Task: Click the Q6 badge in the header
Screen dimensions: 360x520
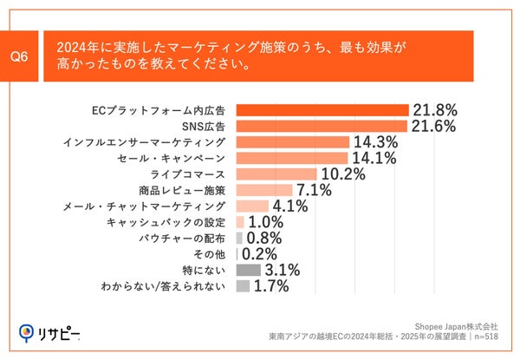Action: (x=19, y=56)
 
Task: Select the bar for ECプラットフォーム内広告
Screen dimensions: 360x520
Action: (x=322, y=110)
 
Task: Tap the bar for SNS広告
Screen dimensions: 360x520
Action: (x=321, y=126)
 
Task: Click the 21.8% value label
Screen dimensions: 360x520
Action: (x=434, y=110)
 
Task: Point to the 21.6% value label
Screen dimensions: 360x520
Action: (x=433, y=126)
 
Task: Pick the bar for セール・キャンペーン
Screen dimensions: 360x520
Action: (x=291, y=158)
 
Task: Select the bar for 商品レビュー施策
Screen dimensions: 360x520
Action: (x=263, y=190)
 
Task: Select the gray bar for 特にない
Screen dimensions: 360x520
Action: (x=242, y=270)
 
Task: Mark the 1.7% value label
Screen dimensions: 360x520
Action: (x=270, y=285)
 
